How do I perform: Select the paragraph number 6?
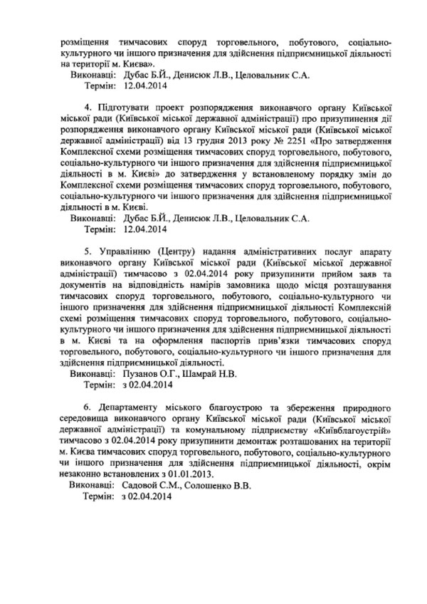point(87,406)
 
